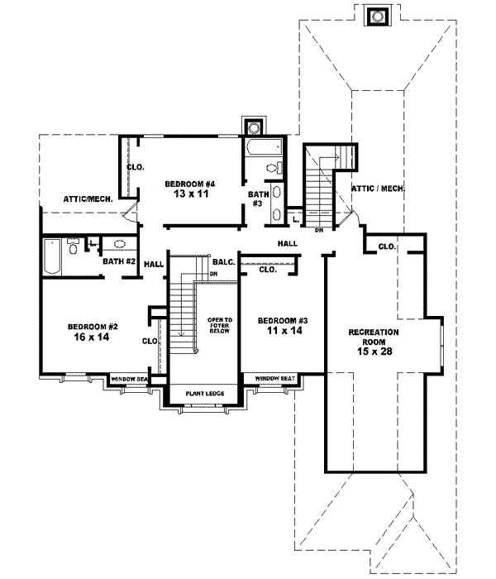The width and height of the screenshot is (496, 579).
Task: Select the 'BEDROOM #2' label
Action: click(x=90, y=326)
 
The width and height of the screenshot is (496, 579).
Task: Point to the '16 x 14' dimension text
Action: click(x=90, y=337)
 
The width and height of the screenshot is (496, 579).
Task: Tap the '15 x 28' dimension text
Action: click(x=373, y=351)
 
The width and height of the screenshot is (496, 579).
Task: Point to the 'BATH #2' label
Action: click(x=119, y=261)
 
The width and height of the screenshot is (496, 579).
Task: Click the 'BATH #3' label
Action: click(x=257, y=199)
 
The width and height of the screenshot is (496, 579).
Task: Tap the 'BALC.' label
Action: click(x=223, y=261)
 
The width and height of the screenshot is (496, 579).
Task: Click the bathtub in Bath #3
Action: click(x=264, y=149)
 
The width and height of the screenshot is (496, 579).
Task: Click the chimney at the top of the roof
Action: click(x=378, y=16)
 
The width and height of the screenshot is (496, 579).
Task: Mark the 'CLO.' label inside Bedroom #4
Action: click(x=136, y=167)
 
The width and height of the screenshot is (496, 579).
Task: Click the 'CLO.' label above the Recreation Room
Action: click(x=386, y=246)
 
